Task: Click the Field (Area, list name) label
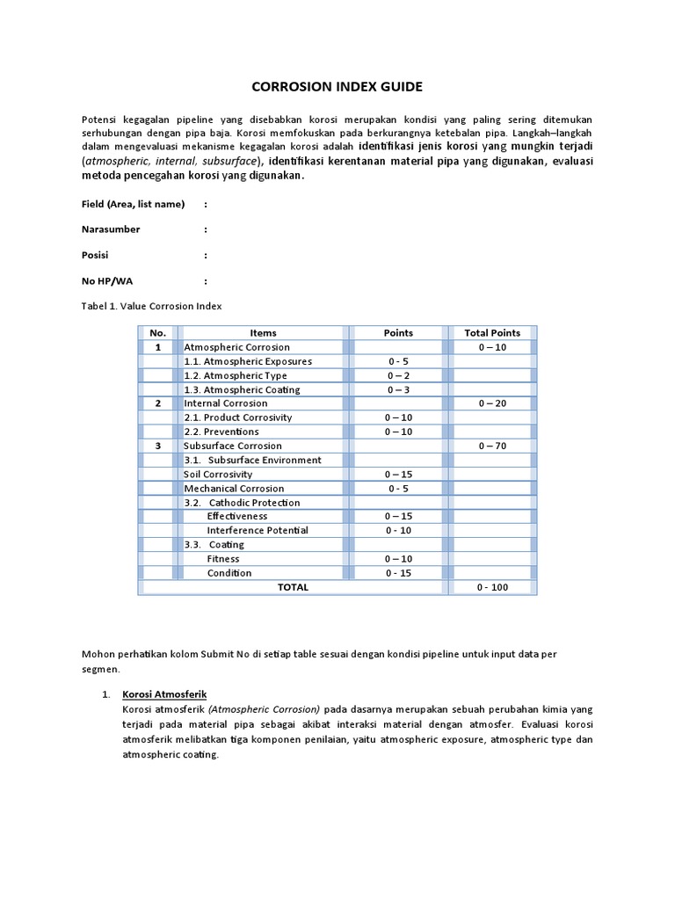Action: (133, 204)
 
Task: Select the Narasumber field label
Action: (111, 229)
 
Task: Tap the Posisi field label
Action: (96, 255)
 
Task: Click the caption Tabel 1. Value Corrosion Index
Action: (152, 307)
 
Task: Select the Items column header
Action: (263, 333)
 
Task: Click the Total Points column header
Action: (492, 333)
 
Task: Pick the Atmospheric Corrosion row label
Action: (236, 347)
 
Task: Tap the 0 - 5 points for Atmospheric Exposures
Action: (398, 361)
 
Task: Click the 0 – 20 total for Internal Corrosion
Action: (492, 403)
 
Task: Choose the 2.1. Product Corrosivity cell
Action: (237, 417)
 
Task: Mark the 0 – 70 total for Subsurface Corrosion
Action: (492, 446)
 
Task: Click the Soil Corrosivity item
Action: (218, 474)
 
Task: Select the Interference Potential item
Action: (258, 531)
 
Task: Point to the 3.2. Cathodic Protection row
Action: (242, 503)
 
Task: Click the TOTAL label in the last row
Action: (293, 587)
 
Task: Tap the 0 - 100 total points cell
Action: (492, 587)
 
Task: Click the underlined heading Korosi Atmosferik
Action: (164, 694)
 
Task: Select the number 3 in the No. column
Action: (158, 446)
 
